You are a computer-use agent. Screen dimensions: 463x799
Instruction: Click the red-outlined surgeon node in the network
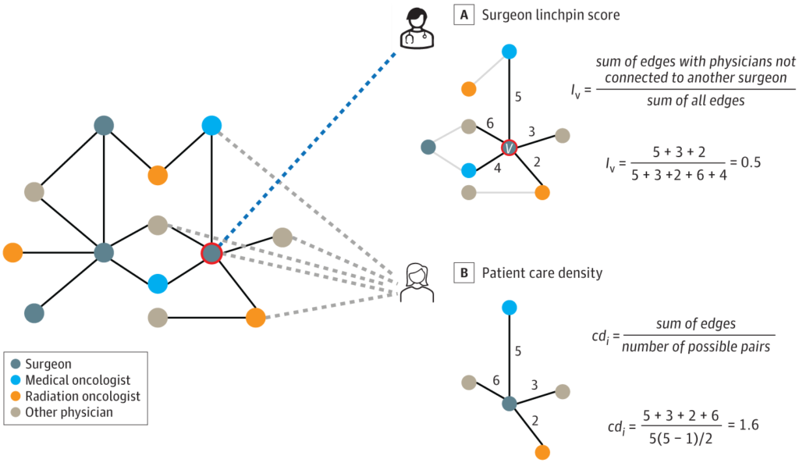(x=211, y=253)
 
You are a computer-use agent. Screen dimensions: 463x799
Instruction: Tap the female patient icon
(x=414, y=282)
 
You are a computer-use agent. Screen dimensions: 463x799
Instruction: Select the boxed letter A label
(x=464, y=15)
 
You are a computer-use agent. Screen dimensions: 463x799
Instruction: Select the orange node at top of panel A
(x=469, y=89)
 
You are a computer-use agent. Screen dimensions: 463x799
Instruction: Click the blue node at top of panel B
(x=509, y=308)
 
